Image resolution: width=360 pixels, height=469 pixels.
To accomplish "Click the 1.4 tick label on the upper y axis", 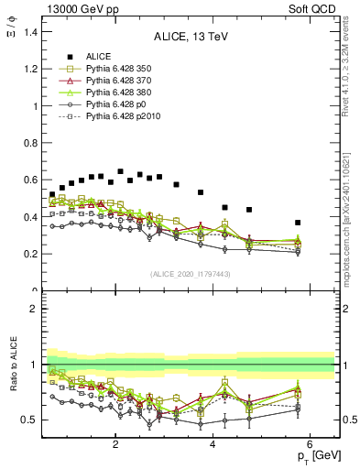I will tap(32, 32).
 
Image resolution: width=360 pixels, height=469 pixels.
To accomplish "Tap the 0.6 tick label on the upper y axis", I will tap(32, 180).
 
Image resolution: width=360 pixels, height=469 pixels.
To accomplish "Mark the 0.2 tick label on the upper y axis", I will tap(32, 254).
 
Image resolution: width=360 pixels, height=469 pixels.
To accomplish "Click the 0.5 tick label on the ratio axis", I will tap(32, 420).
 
